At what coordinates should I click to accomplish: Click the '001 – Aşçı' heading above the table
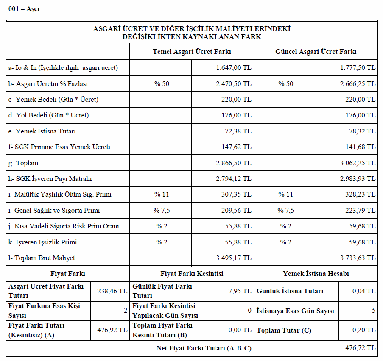(24, 9)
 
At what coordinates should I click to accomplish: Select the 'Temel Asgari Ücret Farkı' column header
(192, 52)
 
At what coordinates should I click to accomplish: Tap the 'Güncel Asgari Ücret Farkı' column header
(316, 52)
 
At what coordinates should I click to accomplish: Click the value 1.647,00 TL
(234, 68)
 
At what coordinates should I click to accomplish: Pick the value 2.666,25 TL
(358, 84)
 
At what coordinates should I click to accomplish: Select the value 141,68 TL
(363, 147)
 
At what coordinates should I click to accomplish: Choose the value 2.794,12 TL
(234, 179)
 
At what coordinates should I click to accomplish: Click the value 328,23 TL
(363, 195)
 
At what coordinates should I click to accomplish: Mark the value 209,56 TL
(239, 211)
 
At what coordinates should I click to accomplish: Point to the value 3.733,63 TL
(358, 258)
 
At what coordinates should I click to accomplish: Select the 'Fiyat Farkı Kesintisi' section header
(192, 274)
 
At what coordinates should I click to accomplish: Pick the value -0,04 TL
(364, 291)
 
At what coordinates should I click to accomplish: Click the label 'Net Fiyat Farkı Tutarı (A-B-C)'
(204, 349)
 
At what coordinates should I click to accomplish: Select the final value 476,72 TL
(361, 348)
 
